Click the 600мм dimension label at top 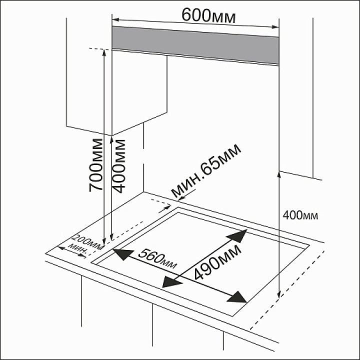click(208, 15)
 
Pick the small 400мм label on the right click(300, 216)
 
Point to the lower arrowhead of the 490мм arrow click(171, 283)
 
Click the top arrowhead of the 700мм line click(104, 52)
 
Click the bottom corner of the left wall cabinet click(112, 135)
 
